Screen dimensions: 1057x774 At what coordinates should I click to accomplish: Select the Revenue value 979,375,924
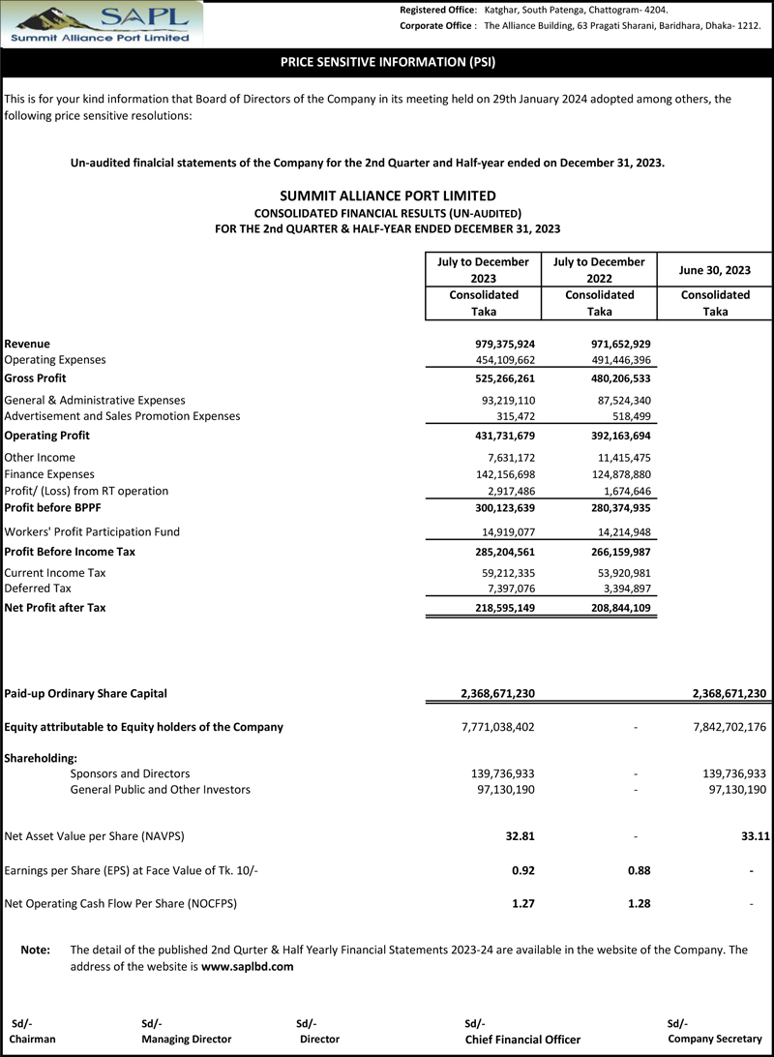pos(498,344)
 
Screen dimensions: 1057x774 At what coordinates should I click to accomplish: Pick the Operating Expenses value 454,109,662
pos(498,360)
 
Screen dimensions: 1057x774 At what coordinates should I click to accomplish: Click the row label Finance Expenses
pos(49,474)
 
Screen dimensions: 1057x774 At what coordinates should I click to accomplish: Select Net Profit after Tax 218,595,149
pos(498,608)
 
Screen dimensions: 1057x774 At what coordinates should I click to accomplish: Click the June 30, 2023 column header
pos(714,270)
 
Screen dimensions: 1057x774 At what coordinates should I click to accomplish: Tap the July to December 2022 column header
pos(599,270)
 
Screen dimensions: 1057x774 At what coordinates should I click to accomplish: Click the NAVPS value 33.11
pos(751,835)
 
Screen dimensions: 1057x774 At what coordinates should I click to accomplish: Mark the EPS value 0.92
pos(522,870)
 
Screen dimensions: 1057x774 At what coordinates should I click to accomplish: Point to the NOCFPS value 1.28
pos(638,904)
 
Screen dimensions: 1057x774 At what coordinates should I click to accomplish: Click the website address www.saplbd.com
pos(247,967)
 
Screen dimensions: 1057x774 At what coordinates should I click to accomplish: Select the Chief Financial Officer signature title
pos(522,1040)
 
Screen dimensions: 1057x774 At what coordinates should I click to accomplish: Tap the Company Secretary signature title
pos(715,1039)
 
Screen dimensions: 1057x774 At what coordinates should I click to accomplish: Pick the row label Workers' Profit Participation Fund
pos(92,531)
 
